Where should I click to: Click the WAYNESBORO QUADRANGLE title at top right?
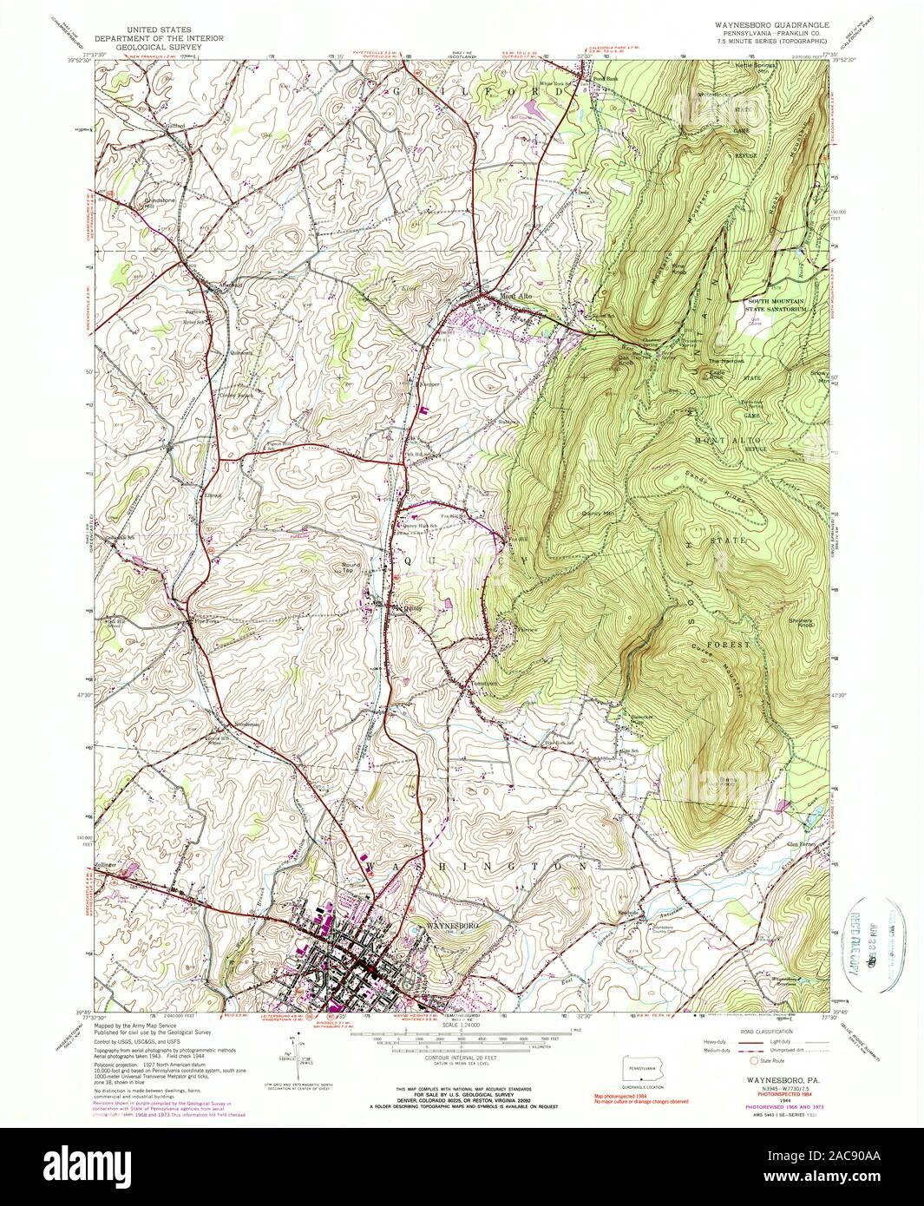770,25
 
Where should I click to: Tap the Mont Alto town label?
514,296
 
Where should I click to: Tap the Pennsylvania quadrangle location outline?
639,1066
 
